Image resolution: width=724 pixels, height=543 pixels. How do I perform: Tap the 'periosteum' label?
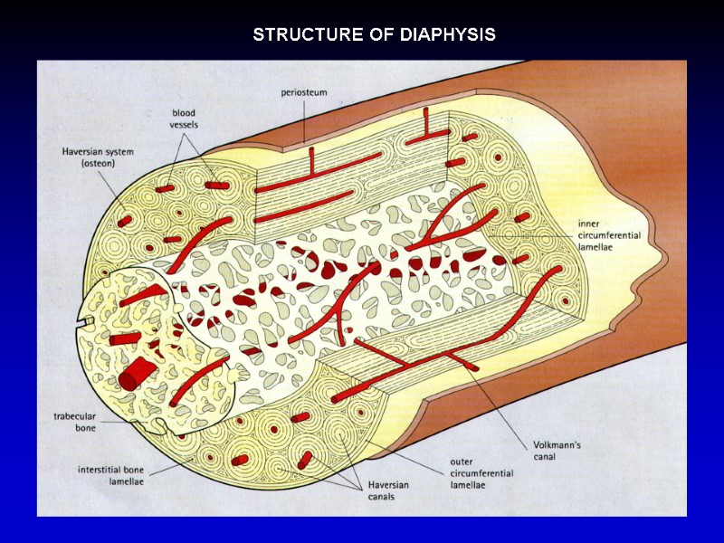(304, 91)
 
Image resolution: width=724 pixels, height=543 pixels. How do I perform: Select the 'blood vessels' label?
(185, 119)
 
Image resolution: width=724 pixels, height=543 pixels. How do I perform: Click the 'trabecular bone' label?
(73, 422)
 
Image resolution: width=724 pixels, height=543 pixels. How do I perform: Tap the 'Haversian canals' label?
(387, 491)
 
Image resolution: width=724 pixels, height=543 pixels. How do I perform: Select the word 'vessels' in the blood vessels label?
(185, 124)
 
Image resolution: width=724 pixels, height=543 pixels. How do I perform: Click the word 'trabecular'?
(73, 416)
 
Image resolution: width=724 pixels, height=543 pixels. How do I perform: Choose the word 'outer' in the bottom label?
(462, 462)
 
